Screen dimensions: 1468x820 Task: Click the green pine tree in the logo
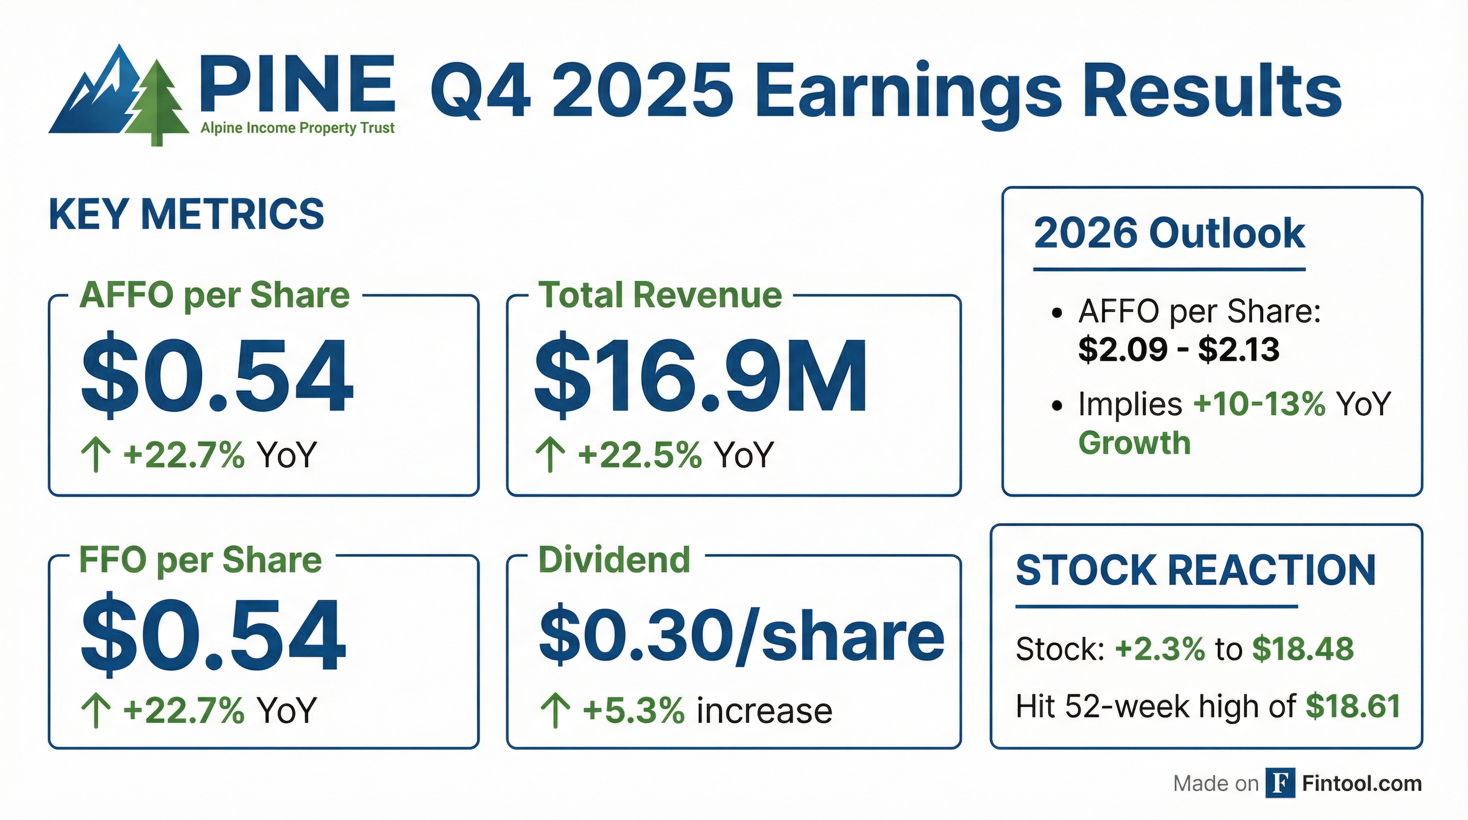click(157, 102)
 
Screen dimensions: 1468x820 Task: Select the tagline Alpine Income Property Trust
click(298, 128)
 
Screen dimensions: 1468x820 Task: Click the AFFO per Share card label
click(214, 295)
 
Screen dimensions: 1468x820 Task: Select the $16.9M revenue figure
click(701, 375)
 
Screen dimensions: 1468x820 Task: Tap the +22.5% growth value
click(640, 455)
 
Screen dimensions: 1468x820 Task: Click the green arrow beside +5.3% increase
click(555, 710)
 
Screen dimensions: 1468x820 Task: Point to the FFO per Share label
click(201, 560)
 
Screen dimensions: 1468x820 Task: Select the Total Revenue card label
click(660, 295)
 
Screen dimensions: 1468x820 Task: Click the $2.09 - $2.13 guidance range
click(1179, 349)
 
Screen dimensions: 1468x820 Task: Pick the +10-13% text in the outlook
click(1259, 404)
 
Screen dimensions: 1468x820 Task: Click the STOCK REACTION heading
click(1195, 570)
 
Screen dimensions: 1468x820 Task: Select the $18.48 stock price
click(1303, 648)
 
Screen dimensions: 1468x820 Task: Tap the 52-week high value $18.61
click(1353, 706)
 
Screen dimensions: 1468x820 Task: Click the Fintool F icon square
click(1280, 783)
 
